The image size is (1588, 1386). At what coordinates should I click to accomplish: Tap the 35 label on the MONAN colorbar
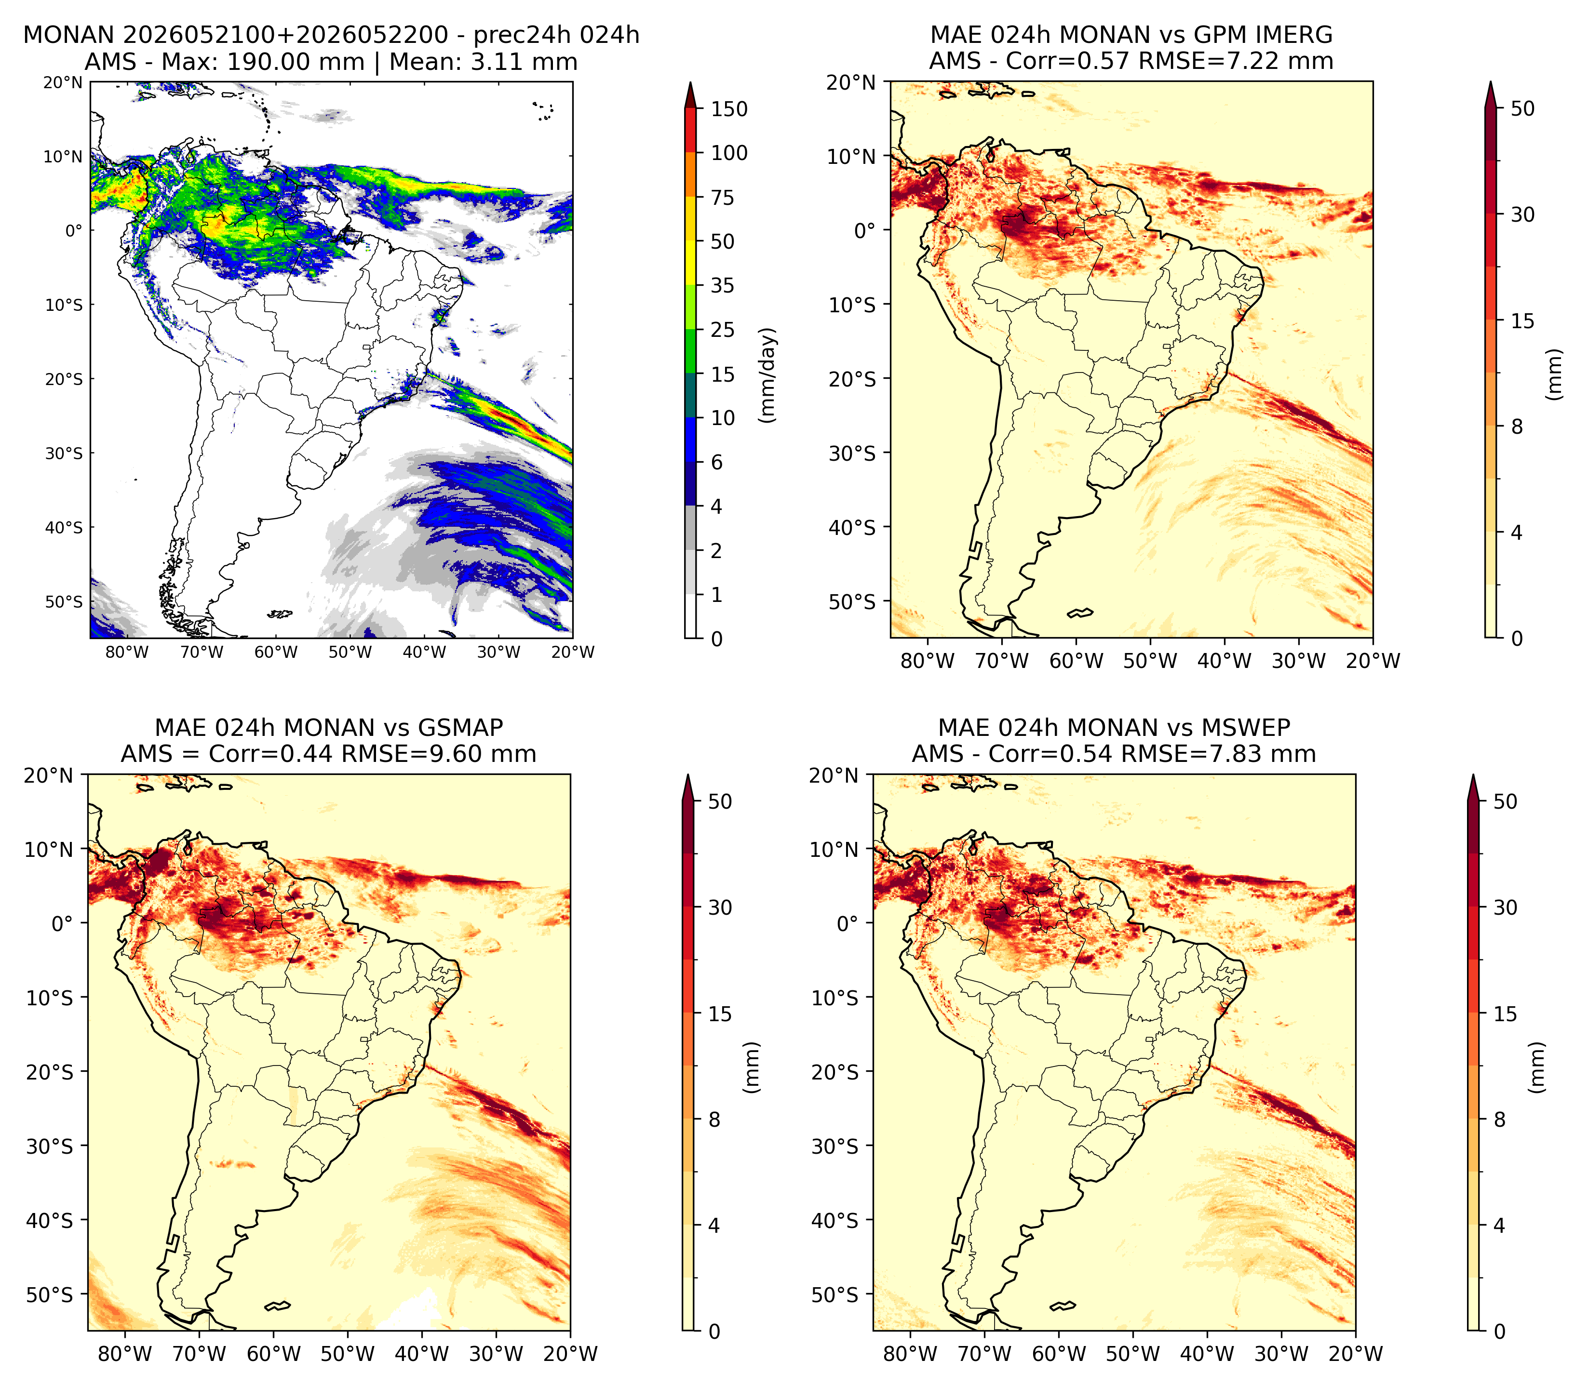[x=723, y=285]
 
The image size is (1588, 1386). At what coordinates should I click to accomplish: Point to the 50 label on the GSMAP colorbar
[x=719, y=801]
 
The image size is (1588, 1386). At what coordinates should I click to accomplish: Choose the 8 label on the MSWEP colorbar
[x=1499, y=1119]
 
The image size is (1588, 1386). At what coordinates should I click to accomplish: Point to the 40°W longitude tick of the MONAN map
[x=424, y=652]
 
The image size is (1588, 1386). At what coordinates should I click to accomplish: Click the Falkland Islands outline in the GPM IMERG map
[x=1080, y=613]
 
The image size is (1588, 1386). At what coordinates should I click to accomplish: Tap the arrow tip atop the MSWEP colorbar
[x=1473, y=774]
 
